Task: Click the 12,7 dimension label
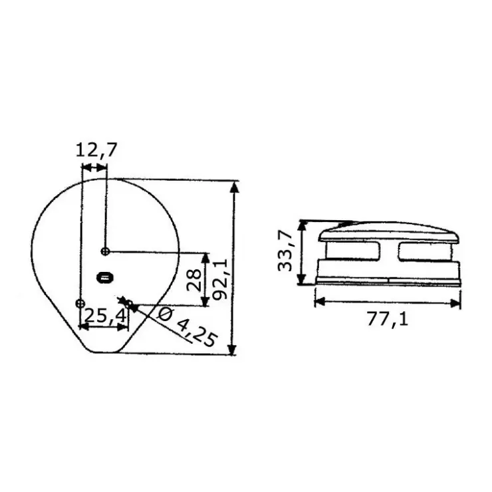96,150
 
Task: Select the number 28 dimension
194,280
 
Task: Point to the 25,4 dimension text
105,316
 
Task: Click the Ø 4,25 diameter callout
188,327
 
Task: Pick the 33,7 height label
285,251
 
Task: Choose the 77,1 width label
388,319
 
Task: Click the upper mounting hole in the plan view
106,251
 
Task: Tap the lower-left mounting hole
80,303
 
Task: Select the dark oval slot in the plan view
104,278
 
